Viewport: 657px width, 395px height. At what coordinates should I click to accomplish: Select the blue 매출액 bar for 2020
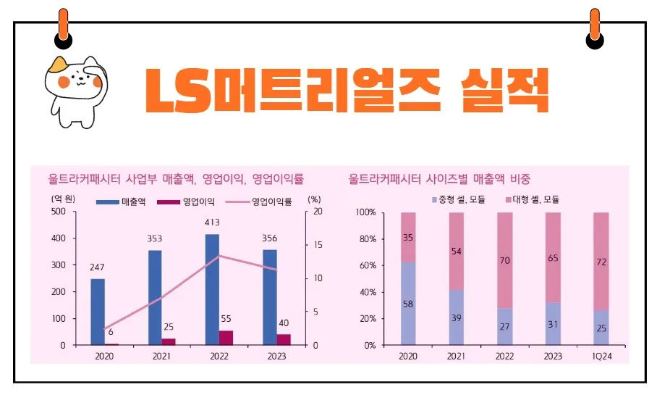pyautogui.click(x=98, y=312)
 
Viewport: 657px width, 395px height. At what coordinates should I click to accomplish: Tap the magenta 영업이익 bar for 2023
pyautogui.click(x=284, y=339)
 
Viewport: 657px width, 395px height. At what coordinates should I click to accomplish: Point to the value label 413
pyautogui.click(x=212, y=223)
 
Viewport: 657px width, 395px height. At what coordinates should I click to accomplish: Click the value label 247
pyautogui.click(x=98, y=267)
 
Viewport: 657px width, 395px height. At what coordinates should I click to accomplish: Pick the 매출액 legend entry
pyautogui.click(x=120, y=201)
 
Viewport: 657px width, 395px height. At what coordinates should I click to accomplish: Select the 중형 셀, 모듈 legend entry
pyautogui.click(x=459, y=199)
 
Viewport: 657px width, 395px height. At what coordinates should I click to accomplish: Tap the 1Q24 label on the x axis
pyautogui.click(x=601, y=357)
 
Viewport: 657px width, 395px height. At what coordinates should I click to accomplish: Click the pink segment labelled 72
pyautogui.click(x=601, y=261)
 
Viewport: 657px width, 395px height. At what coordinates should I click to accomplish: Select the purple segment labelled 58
pyautogui.click(x=409, y=304)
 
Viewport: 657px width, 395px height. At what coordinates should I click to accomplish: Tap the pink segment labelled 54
pyautogui.click(x=457, y=251)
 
